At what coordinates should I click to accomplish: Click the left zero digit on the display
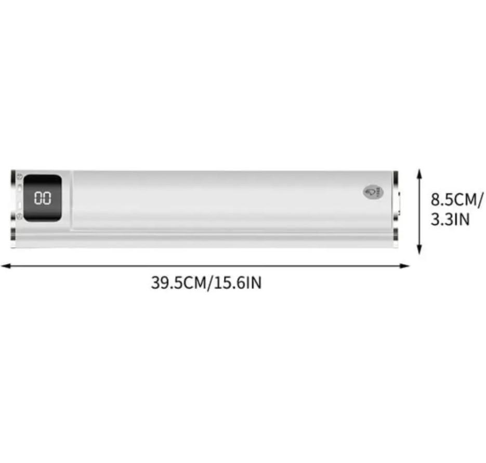coord(38,198)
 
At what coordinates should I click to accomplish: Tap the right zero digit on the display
coord(47,198)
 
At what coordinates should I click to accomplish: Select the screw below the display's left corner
coord(19,219)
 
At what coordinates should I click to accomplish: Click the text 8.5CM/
coord(457,199)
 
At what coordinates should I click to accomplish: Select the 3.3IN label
coord(450,220)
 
